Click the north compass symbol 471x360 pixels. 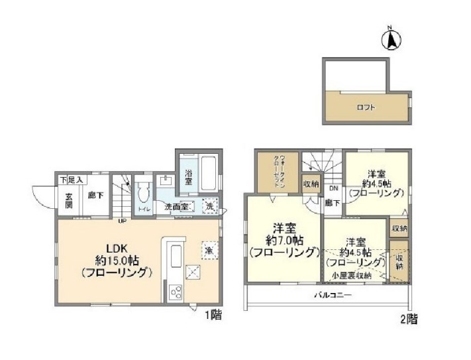390,40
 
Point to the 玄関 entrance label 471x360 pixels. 69,200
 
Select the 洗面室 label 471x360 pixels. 177,207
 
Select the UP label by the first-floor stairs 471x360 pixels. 122,221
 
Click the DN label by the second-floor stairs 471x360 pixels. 332,188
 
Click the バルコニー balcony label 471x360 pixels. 329,295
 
